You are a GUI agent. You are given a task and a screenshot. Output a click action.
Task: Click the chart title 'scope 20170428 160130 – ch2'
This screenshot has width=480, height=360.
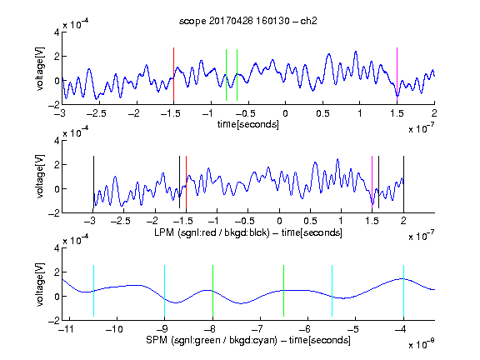pyautogui.click(x=248, y=21)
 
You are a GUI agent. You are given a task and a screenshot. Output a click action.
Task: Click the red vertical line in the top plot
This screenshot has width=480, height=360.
pyautogui.click(x=173, y=74)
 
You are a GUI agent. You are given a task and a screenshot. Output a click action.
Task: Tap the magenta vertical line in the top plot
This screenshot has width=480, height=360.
pyautogui.click(x=397, y=74)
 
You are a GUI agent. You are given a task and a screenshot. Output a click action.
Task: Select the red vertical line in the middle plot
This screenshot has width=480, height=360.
pyautogui.click(x=186, y=182)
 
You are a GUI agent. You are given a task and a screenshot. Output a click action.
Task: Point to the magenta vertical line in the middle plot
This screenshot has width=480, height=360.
pyautogui.click(x=372, y=182)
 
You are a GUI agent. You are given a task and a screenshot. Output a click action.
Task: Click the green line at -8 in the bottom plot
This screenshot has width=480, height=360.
pyautogui.click(x=212, y=291)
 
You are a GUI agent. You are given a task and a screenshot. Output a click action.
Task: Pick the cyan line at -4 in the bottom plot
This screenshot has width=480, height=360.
pyautogui.click(x=403, y=291)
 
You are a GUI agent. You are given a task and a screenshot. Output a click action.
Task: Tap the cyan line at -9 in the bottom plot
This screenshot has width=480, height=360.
pyautogui.click(x=165, y=291)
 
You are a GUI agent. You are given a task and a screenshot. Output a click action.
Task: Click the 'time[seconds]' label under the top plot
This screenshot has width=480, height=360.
pyautogui.click(x=248, y=124)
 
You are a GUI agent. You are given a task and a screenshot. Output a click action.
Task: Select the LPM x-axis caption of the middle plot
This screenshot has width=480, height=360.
pyautogui.click(x=248, y=232)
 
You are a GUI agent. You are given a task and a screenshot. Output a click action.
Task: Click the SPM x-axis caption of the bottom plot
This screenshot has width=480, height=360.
pyautogui.click(x=248, y=340)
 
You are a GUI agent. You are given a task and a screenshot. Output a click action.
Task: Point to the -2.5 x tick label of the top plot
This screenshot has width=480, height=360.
pyautogui.click(x=96, y=113)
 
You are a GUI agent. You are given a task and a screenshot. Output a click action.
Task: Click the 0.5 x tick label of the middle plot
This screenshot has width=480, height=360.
pyautogui.click(x=310, y=221)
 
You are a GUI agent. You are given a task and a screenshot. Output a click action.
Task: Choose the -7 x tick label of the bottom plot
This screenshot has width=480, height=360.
pyautogui.click(x=260, y=329)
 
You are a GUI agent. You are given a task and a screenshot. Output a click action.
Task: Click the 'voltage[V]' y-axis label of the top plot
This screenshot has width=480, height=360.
pyautogui.click(x=40, y=69)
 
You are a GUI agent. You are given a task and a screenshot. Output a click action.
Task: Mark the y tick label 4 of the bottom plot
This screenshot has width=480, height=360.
pyautogui.click(x=57, y=248)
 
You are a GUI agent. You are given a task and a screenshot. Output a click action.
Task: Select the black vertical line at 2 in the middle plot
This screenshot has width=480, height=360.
pyautogui.click(x=403, y=182)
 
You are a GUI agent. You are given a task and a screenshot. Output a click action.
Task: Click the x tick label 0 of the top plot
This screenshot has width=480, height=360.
pyautogui.click(x=285, y=113)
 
